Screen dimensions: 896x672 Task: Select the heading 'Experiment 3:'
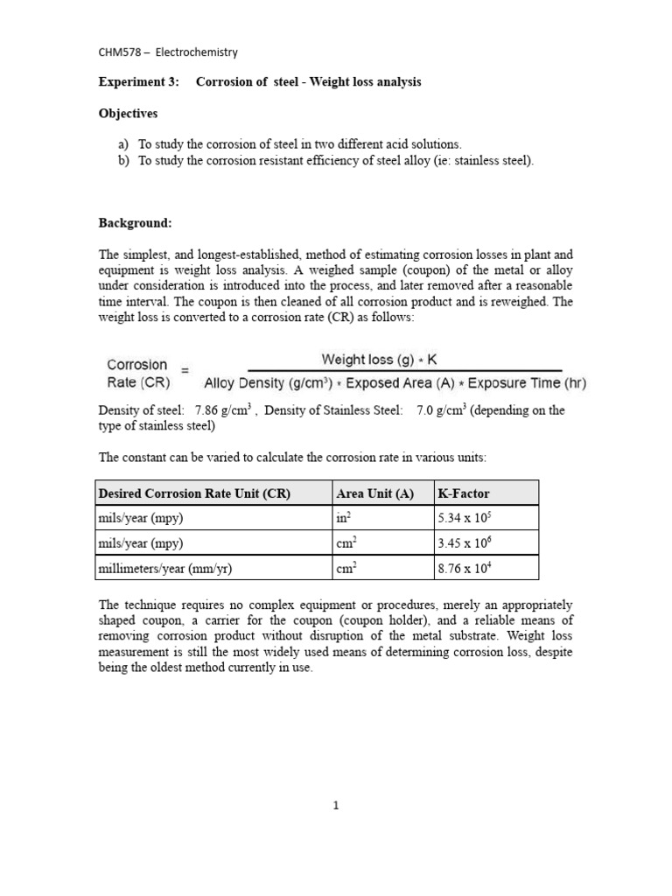(138, 82)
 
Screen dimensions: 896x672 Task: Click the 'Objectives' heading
(129, 114)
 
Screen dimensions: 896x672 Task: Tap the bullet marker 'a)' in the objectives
(123, 144)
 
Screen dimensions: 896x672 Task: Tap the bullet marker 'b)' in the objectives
(123, 161)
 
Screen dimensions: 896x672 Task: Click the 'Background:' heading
(135, 223)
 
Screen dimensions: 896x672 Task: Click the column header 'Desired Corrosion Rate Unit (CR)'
(194, 493)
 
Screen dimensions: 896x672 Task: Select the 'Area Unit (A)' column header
(374, 493)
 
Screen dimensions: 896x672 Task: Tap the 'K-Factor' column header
(464, 493)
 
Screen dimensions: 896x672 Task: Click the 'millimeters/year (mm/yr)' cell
(165, 569)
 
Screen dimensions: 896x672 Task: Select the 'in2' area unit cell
(343, 518)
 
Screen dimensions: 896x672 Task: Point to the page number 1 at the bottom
(336, 807)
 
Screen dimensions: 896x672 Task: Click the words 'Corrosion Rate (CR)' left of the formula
(137, 373)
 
